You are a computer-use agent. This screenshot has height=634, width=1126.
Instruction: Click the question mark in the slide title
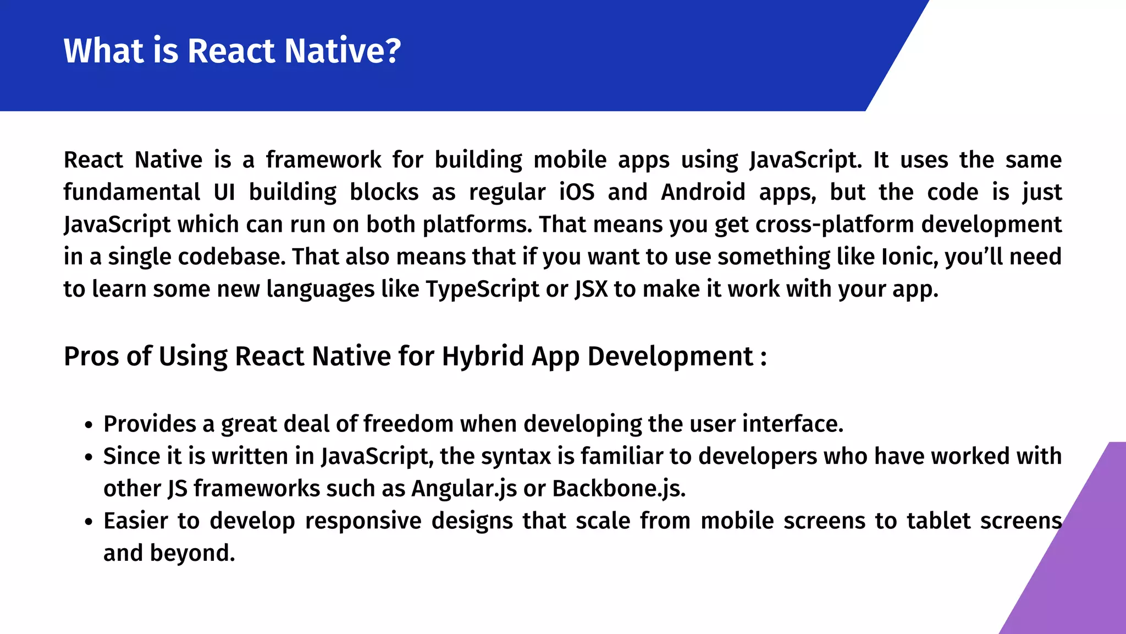coord(391,51)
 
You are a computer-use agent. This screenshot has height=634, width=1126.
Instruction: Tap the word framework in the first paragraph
coord(323,160)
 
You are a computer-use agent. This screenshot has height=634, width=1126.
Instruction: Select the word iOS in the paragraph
coord(576,192)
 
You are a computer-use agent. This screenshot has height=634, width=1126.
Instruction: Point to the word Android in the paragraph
coord(703,192)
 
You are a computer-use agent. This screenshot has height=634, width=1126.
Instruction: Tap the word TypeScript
coord(482,289)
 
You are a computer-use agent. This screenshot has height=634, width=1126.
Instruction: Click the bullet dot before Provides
coord(89,425)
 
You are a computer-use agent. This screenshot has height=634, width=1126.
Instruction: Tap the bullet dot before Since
coord(89,458)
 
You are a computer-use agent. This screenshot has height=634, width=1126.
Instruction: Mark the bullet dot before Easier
coord(89,522)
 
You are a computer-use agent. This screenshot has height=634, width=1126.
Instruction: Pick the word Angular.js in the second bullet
coord(463,489)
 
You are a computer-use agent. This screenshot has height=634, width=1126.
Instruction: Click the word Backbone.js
coord(619,489)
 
